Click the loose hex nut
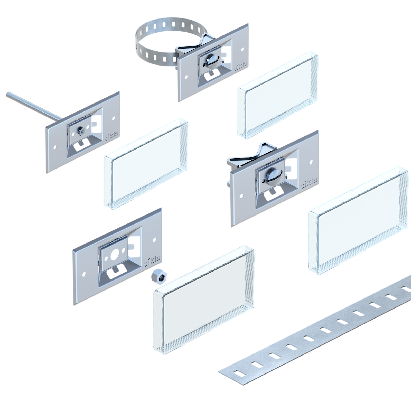pyautogui.click(x=159, y=276)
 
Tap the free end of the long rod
pyautogui.click(x=8, y=94)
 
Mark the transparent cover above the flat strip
pyautogui.click(x=358, y=220)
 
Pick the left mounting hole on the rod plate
pyautogui.click(x=55, y=147)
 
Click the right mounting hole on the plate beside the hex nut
pyautogui.click(x=154, y=240)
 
